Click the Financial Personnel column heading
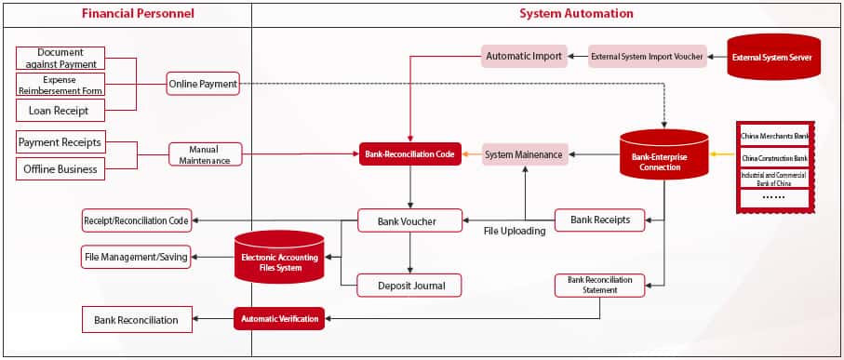coord(126,14)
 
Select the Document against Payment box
coord(60,58)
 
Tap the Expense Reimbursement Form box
coord(60,85)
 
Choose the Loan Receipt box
coord(60,110)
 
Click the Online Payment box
coord(203,85)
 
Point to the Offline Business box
coord(60,169)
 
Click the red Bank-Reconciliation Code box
coord(410,154)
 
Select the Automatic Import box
coord(525,57)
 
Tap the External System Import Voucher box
coord(645,57)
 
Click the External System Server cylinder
coord(772,58)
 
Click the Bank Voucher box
coord(410,221)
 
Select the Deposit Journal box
coord(410,286)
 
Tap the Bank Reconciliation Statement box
coord(599,285)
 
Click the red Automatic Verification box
coord(279,319)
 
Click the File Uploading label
coord(514,231)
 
